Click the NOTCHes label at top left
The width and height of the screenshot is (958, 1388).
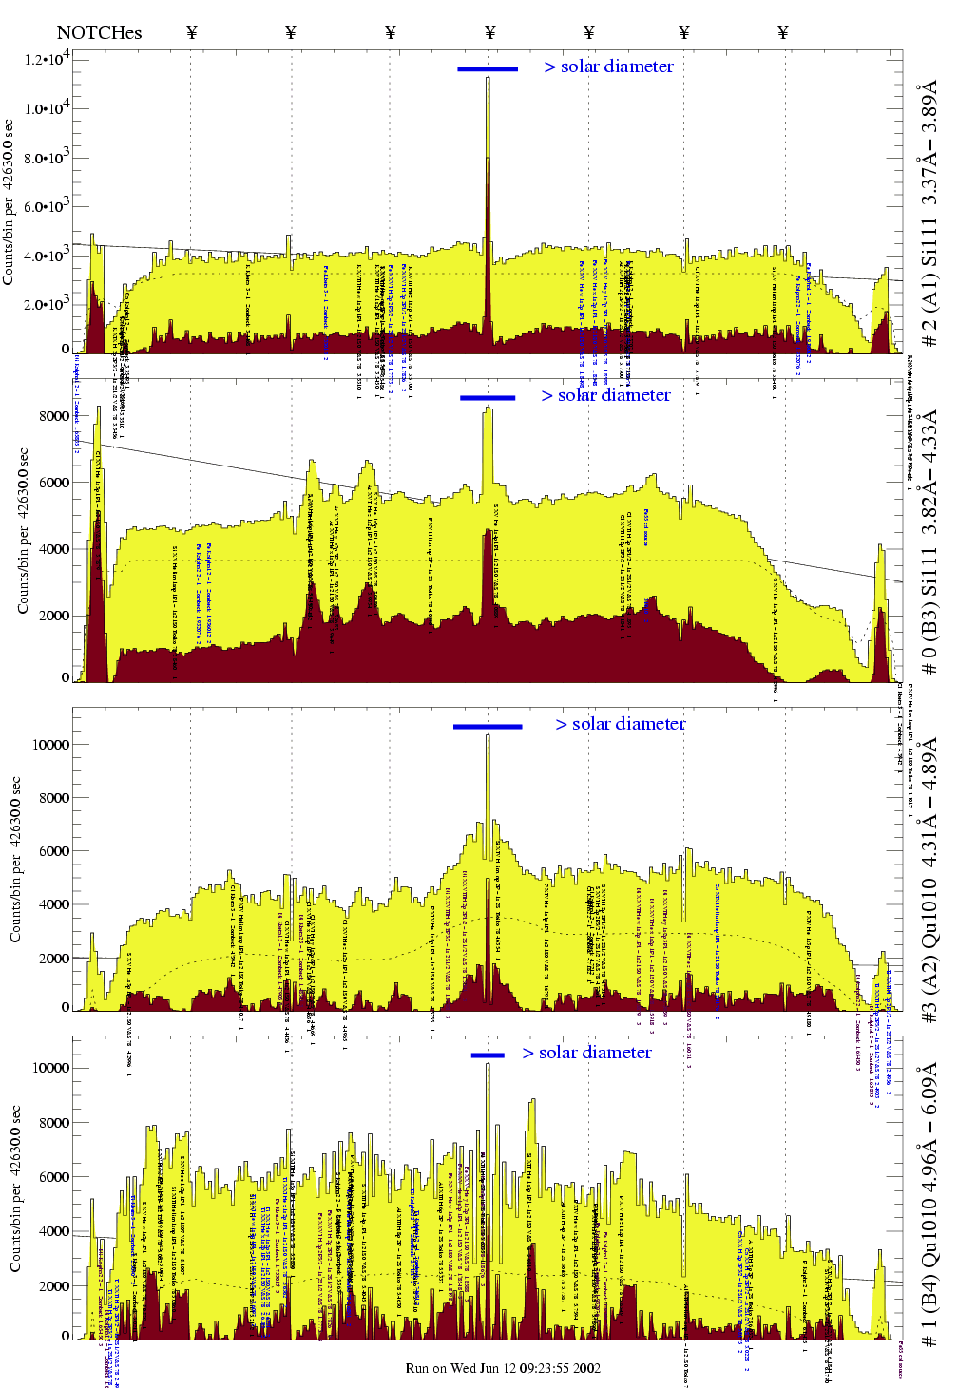99,33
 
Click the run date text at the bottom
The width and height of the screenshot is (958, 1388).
503,1368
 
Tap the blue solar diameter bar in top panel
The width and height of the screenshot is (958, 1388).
488,68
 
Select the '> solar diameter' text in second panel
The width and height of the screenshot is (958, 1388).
605,395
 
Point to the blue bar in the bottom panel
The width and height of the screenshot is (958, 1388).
488,1055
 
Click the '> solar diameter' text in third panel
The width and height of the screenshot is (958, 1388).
620,724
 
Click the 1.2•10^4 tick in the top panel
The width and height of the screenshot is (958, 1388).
47,60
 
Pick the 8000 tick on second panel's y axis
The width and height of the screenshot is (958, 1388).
53,416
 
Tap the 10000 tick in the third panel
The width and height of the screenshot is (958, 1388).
50,745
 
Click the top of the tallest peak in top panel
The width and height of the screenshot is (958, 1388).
488,79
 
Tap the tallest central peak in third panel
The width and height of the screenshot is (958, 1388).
488,736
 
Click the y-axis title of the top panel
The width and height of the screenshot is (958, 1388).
9,201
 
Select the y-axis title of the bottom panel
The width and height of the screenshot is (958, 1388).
15,1188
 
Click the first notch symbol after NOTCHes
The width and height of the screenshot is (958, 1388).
191,33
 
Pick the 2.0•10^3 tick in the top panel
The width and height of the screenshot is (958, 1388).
47,305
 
